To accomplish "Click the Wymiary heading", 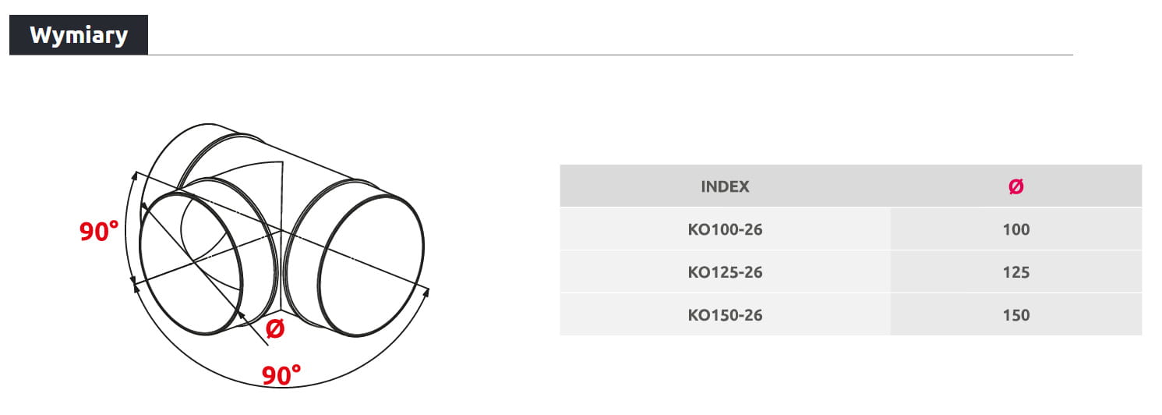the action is click(x=79, y=35).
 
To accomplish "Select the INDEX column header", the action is click(x=725, y=186).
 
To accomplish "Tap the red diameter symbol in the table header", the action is click(x=1015, y=186).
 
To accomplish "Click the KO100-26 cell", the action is click(x=725, y=229).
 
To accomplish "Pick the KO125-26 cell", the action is click(x=725, y=272).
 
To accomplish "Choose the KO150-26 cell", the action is click(x=725, y=315).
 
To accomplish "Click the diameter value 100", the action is click(x=1015, y=229).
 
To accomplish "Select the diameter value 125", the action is click(x=1015, y=272).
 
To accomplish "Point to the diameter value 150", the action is click(x=1015, y=315).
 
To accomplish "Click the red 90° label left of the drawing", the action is click(x=98, y=231).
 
